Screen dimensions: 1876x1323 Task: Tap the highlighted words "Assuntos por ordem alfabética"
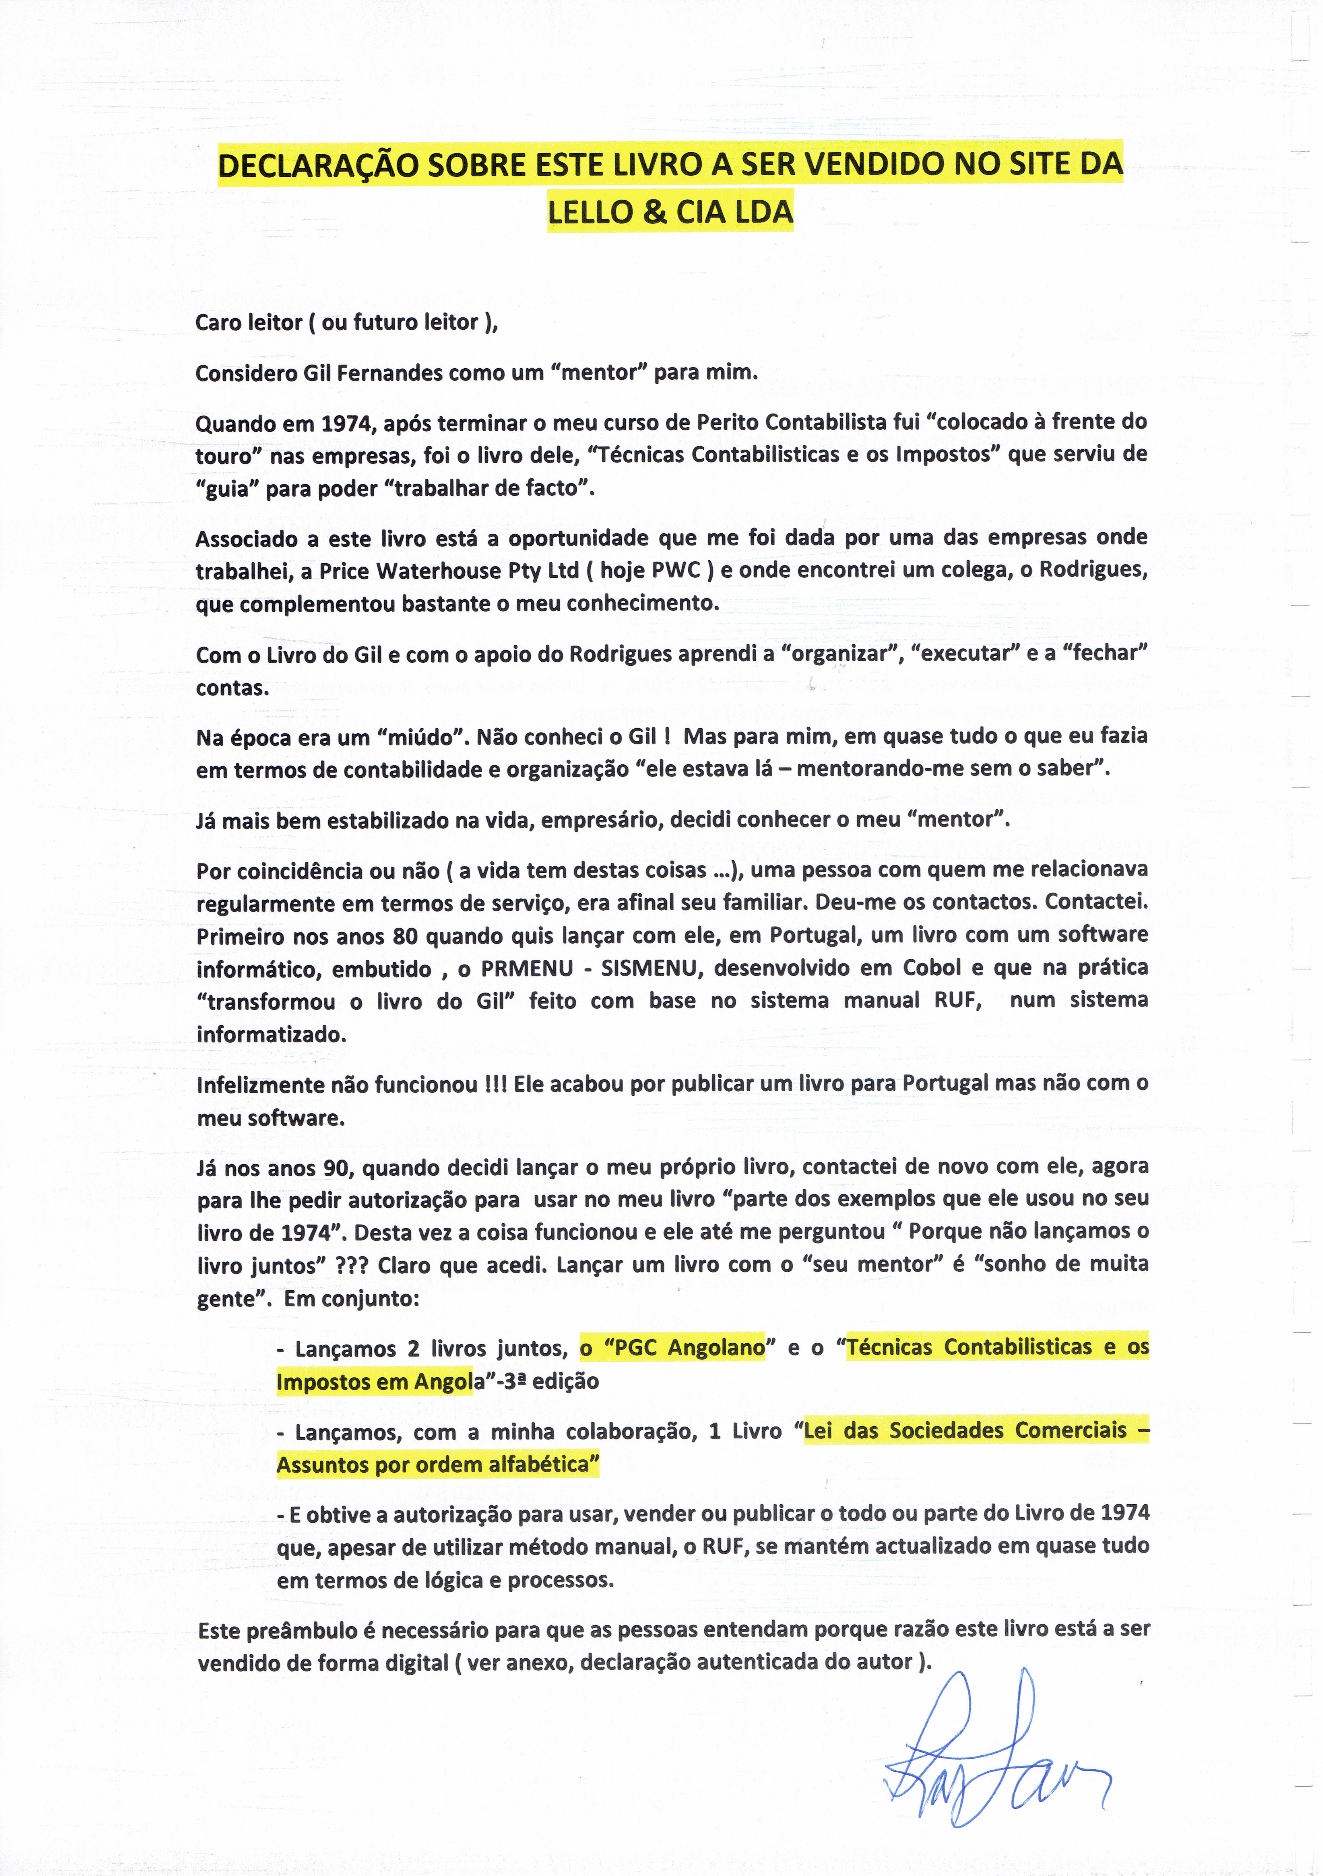pyautogui.click(x=437, y=1464)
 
